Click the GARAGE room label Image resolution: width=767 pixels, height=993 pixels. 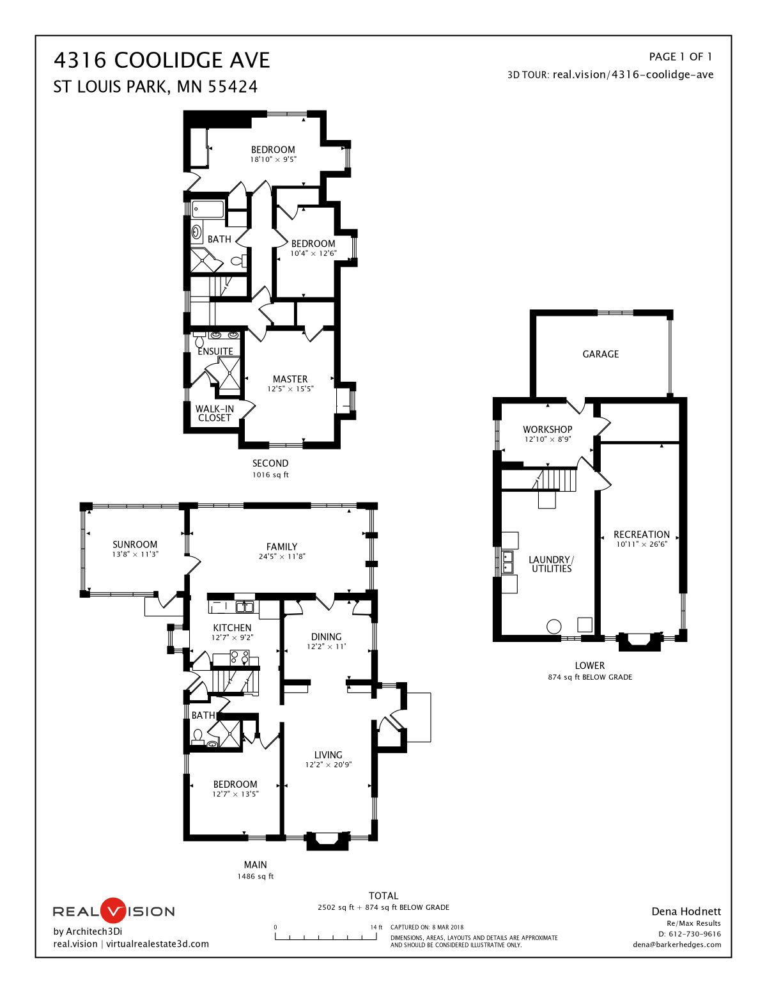(x=600, y=354)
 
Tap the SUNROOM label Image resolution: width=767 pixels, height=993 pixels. (x=135, y=544)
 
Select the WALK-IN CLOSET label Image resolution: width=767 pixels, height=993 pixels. (x=215, y=413)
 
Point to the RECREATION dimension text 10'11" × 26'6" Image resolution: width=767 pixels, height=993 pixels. (x=641, y=544)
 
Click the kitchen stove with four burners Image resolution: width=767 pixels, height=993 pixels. (x=239, y=657)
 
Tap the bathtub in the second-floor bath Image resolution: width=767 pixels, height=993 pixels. (x=208, y=209)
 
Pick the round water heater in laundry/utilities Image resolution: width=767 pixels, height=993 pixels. (x=554, y=626)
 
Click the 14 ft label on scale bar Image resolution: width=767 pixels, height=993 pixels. (x=376, y=927)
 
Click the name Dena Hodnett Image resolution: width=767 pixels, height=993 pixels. (x=686, y=911)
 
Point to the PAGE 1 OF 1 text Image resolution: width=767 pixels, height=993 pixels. (x=680, y=57)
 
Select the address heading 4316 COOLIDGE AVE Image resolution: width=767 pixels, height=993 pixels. (x=162, y=60)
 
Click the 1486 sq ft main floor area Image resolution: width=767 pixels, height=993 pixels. (x=256, y=876)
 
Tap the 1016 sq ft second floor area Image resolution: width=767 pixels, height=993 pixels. (x=270, y=474)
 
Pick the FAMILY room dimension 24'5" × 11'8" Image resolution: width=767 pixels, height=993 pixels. (x=282, y=556)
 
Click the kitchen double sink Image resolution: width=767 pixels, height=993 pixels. (x=245, y=607)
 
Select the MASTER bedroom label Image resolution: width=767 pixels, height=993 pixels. (x=290, y=379)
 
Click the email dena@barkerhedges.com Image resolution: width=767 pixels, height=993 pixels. (x=677, y=944)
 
